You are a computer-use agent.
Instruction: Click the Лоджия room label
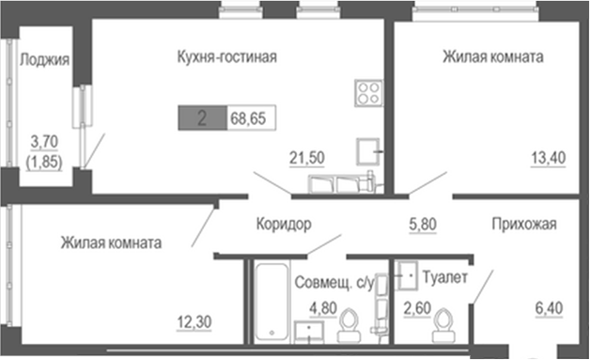(x=44, y=61)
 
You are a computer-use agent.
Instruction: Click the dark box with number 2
(x=201, y=119)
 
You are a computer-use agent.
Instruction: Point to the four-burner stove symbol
(x=366, y=93)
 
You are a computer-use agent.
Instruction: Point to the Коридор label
(x=283, y=224)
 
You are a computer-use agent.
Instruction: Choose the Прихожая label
(x=525, y=224)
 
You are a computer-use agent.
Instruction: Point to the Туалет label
(x=445, y=277)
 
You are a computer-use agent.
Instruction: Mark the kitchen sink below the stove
(x=367, y=150)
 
